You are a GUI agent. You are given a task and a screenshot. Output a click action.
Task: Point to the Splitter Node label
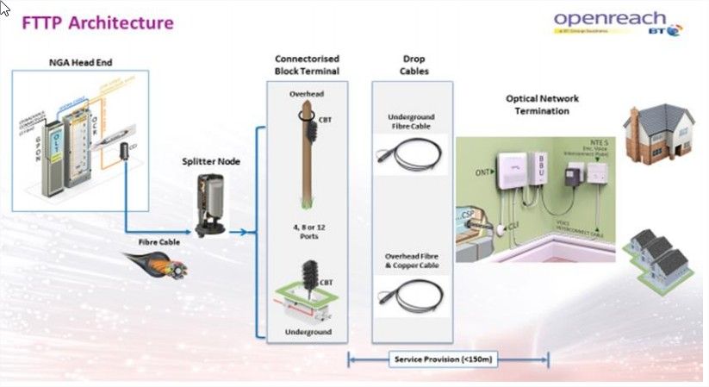click(x=210, y=161)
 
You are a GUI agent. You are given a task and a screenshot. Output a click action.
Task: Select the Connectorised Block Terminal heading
click(x=307, y=64)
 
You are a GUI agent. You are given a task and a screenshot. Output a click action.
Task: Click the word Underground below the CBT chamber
click(x=306, y=331)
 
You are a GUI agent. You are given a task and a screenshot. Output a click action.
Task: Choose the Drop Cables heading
click(x=414, y=64)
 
